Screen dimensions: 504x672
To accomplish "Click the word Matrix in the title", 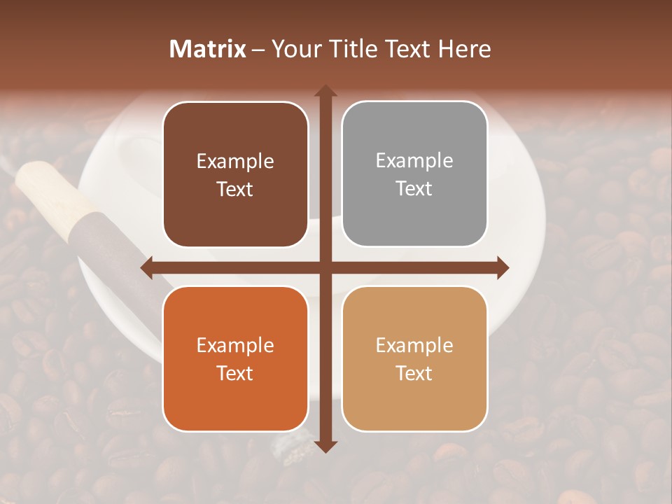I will tap(208, 49).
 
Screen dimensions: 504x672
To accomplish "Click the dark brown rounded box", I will tap(235, 174).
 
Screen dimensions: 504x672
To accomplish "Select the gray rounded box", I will tap(414, 174).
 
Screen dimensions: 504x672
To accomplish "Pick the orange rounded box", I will tap(235, 358).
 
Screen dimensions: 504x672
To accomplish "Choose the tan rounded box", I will tap(414, 358).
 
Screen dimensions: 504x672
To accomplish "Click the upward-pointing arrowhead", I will tap(325, 91).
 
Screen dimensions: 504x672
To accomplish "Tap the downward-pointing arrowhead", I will tap(325, 446).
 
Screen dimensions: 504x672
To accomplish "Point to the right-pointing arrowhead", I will tap(503, 267).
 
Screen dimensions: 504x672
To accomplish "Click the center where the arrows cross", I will tap(325, 267).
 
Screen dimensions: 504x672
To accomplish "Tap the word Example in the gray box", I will tap(414, 161).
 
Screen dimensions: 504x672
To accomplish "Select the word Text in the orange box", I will tap(235, 373).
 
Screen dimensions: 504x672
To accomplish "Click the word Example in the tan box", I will tap(414, 345).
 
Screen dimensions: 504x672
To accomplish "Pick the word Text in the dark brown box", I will tap(235, 189).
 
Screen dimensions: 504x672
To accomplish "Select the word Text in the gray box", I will tap(414, 188).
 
